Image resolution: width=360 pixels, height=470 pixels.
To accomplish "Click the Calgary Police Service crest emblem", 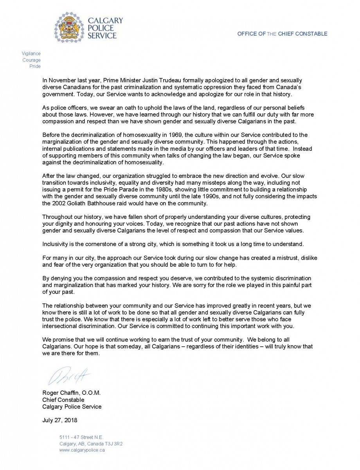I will click(x=69, y=27).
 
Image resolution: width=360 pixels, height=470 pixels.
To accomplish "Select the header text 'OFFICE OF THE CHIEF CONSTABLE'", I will click(x=282, y=34).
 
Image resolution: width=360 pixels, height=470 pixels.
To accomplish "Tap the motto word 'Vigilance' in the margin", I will click(x=31, y=54).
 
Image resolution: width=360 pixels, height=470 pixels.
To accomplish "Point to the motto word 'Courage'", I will click(x=32, y=60).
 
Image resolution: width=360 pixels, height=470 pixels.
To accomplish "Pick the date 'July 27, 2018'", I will click(x=59, y=420).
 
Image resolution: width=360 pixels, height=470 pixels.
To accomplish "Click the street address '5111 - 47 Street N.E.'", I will click(x=81, y=437).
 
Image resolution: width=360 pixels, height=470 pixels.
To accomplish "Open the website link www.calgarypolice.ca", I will click(x=82, y=450).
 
